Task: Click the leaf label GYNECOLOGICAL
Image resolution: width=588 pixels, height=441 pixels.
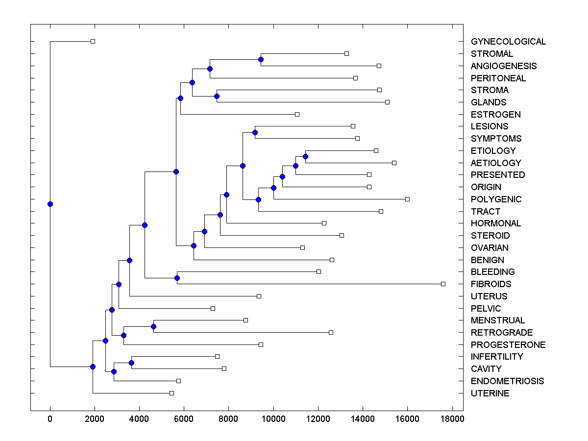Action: click(508, 42)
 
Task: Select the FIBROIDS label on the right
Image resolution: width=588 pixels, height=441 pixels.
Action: click(491, 284)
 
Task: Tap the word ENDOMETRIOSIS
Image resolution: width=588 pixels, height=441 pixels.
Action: click(507, 381)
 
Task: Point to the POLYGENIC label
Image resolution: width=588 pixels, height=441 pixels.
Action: click(496, 199)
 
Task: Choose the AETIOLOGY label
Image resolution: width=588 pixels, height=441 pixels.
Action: click(496, 163)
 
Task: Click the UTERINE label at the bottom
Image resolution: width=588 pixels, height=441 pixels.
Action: click(490, 393)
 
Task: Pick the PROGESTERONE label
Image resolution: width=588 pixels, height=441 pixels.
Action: click(508, 345)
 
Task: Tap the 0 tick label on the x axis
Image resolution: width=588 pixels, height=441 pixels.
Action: click(50, 418)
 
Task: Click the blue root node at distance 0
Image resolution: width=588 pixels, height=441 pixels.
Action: click(50, 204)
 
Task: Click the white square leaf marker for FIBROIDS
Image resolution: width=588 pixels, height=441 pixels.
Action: click(443, 284)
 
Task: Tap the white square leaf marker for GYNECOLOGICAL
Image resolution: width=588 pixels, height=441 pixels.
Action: click(93, 41)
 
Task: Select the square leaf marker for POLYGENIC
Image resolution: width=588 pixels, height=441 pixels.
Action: click(407, 199)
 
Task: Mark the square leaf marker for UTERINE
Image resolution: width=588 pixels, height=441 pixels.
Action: click(171, 393)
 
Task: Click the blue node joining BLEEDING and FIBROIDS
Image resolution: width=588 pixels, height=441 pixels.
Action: click(177, 278)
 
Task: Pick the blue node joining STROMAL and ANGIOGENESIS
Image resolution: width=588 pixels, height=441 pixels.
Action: click(261, 59)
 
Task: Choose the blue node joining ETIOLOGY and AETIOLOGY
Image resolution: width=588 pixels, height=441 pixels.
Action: click(305, 156)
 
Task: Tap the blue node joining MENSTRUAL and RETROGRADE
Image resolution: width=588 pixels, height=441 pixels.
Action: click(153, 326)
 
